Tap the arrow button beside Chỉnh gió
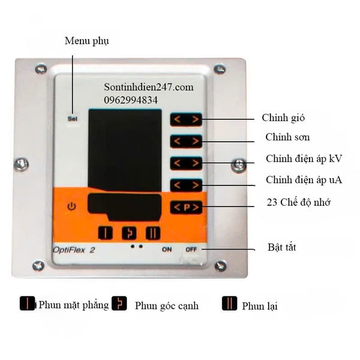tap(185, 119)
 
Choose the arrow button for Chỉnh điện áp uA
tap(185, 185)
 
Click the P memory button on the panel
tap(185, 208)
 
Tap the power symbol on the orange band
tap(72, 207)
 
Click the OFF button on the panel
tap(191, 249)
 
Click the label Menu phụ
tap(87, 41)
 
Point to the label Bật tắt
tap(282, 247)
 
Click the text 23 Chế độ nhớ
tap(298, 202)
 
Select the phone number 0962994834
tap(131, 100)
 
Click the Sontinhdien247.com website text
tap(148, 87)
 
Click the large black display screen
tap(124, 150)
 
